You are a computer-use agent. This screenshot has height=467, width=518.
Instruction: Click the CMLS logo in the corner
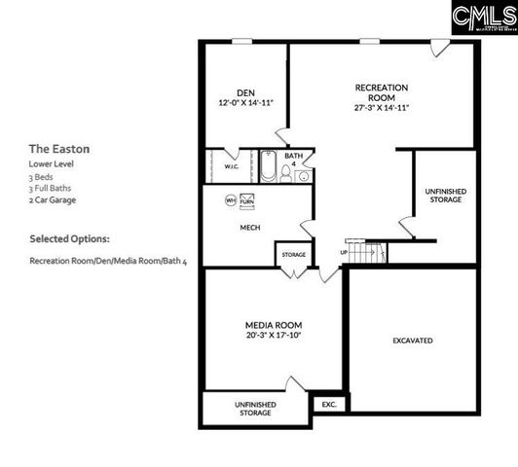(x=483, y=16)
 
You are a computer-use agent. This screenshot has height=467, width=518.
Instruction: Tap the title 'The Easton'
(x=58, y=149)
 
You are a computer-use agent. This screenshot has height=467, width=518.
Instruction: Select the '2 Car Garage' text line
(x=53, y=200)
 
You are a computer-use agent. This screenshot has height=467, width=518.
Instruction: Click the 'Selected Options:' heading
(x=69, y=238)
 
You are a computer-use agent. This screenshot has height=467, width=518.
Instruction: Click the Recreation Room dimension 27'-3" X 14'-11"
(x=381, y=107)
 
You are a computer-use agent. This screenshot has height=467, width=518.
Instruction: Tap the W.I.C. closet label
(x=231, y=166)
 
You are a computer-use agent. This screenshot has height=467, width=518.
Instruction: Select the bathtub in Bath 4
(x=268, y=168)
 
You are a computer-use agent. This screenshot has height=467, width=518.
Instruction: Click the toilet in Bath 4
(x=286, y=173)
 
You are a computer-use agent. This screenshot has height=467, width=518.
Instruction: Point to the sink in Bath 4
(x=304, y=176)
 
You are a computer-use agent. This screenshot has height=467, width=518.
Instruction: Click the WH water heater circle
(x=231, y=200)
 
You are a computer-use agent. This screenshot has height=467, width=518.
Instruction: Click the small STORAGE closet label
(x=294, y=255)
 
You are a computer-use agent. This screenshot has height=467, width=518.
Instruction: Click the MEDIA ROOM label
(x=273, y=324)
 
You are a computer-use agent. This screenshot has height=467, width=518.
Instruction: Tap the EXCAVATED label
(x=413, y=341)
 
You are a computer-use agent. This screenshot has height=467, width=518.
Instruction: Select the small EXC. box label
(x=327, y=403)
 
